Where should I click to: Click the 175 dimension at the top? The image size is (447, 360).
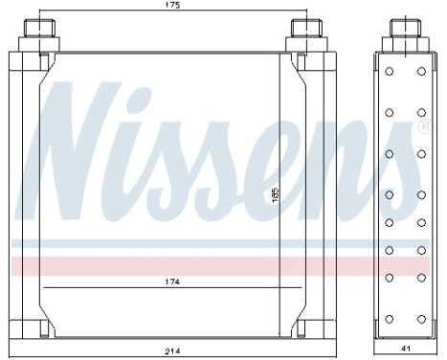(x=172, y=6)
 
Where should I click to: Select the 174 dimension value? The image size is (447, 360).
(x=172, y=282)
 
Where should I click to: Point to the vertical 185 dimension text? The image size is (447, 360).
(x=275, y=194)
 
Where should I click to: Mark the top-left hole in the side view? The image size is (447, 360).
(x=391, y=72)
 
